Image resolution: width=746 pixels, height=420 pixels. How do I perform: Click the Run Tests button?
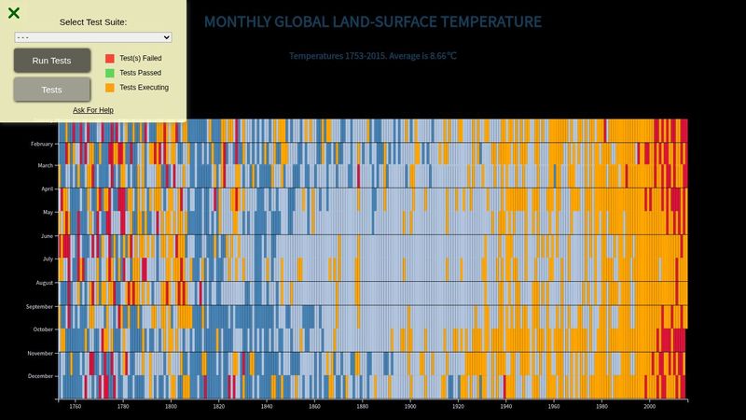[x=52, y=61]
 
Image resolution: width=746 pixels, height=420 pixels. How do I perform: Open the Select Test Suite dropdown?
[x=93, y=37]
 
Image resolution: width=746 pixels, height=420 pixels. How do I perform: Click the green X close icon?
[x=14, y=13]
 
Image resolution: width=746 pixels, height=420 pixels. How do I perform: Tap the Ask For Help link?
[x=93, y=110]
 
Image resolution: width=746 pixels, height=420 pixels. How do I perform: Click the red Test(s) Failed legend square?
[x=110, y=58]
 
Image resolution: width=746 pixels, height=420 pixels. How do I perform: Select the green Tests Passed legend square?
[x=110, y=73]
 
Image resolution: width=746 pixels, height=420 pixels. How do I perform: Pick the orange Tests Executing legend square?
[x=110, y=88]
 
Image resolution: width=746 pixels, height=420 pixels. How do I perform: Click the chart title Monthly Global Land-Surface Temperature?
[x=372, y=21]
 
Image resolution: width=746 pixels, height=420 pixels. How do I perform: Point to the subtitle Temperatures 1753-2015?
[x=372, y=56]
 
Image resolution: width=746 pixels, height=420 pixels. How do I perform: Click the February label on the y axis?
[x=42, y=144]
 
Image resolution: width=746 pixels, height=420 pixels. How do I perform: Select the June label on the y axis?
[x=46, y=236]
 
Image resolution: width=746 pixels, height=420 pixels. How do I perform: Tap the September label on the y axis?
[x=40, y=306]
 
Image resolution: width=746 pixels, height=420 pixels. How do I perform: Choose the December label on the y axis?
[x=41, y=376]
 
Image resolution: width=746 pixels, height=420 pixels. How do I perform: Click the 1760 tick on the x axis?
[x=75, y=407]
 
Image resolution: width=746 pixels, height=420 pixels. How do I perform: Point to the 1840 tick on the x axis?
[x=267, y=407]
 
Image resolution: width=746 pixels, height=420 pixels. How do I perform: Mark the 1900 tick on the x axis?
[x=410, y=407]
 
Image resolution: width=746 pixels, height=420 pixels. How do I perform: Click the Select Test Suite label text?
[x=93, y=21]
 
